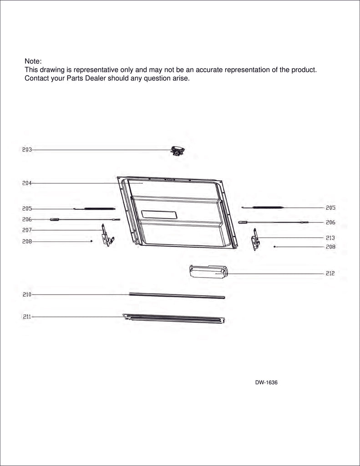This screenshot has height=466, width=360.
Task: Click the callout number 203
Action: [27, 150]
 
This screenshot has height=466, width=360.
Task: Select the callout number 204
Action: [27, 183]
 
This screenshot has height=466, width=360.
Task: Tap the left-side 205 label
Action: [27, 208]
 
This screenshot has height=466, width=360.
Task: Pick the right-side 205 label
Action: [330, 208]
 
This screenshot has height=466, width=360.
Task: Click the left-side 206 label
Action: [27, 219]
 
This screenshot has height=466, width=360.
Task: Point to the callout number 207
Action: [27, 230]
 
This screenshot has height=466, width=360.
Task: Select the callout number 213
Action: [330, 238]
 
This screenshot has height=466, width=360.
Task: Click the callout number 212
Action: [330, 274]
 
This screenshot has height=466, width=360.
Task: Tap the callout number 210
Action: [27, 294]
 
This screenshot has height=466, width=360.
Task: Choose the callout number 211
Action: [27, 317]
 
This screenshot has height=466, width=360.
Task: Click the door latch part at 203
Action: [177, 151]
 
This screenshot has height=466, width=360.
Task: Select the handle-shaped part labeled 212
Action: [208, 271]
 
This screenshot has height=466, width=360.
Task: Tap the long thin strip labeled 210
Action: [177, 296]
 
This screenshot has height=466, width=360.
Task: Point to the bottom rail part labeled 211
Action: [173, 318]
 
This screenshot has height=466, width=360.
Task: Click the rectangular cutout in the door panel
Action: [159, 215]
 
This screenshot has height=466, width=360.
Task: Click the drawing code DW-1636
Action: [266, 383]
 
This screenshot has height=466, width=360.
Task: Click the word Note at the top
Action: [33, 61]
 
